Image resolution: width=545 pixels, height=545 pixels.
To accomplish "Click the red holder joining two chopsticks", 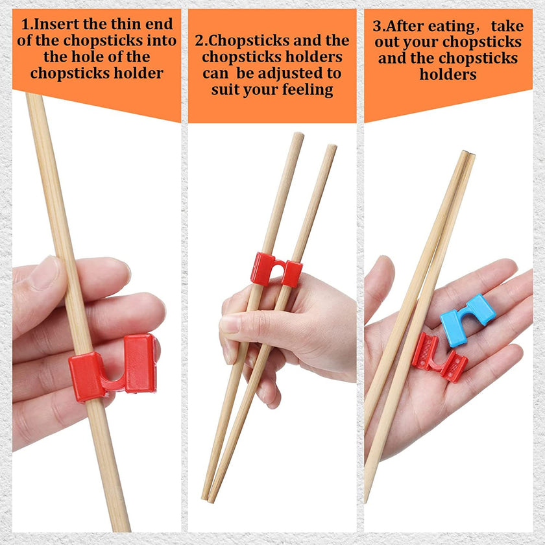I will click(x=276, y=269).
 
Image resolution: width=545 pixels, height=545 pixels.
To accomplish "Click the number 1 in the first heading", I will click(x=26, y=25).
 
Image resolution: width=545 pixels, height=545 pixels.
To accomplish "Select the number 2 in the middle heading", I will click(x=199, y=40).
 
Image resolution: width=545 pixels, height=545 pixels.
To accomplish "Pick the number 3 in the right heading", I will click(x=376, y=27).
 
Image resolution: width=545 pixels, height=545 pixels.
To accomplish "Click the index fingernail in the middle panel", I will click(x=231, y=323).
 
